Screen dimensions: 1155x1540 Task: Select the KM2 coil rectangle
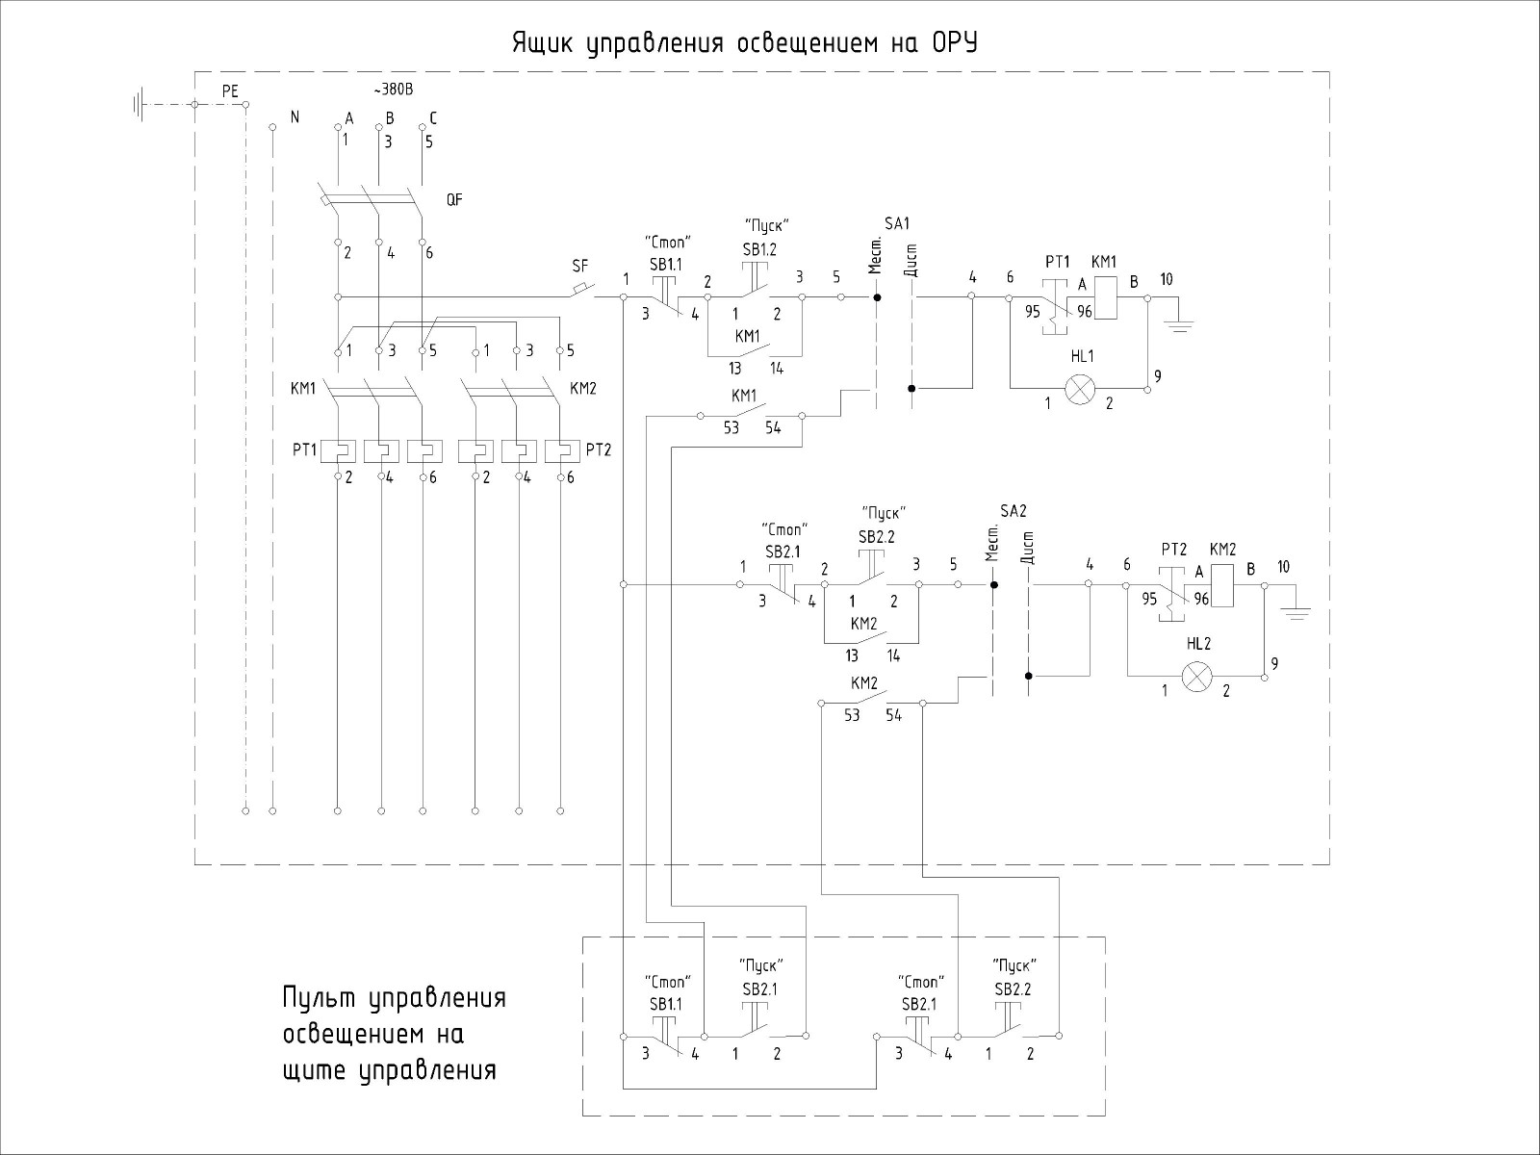(x=1222, y=585)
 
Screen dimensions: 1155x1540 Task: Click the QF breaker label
(x=454, y=201)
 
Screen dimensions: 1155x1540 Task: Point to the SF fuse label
(x=579, y=266)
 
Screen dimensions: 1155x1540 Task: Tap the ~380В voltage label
(x=392, y=91)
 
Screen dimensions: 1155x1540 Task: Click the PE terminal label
(x=230, y=91)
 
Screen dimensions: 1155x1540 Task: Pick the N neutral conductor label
(x=295, y=117)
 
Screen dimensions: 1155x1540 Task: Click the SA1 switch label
(x=896, y=224)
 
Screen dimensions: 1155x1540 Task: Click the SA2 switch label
(x=1014, y=510)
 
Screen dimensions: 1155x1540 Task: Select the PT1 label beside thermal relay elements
(x=305, y=449)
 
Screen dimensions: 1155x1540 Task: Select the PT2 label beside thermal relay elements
(x=599, y=449)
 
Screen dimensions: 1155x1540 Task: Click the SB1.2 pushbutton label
(x=759, y=249)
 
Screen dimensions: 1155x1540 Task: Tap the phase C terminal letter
(x=433, y=118)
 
